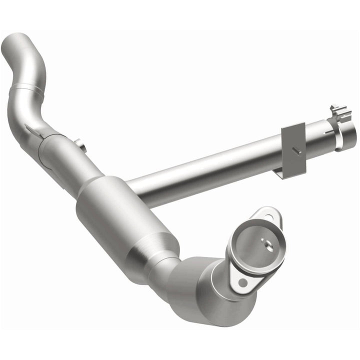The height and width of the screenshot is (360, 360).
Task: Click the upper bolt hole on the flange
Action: [x=272, y=218]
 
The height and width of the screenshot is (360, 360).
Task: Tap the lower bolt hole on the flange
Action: [x=242, y=282]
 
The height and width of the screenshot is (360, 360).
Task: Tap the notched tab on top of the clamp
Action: [x=335, y=109]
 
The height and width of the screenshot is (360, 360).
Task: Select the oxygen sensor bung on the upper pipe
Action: [x=80, y=145]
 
